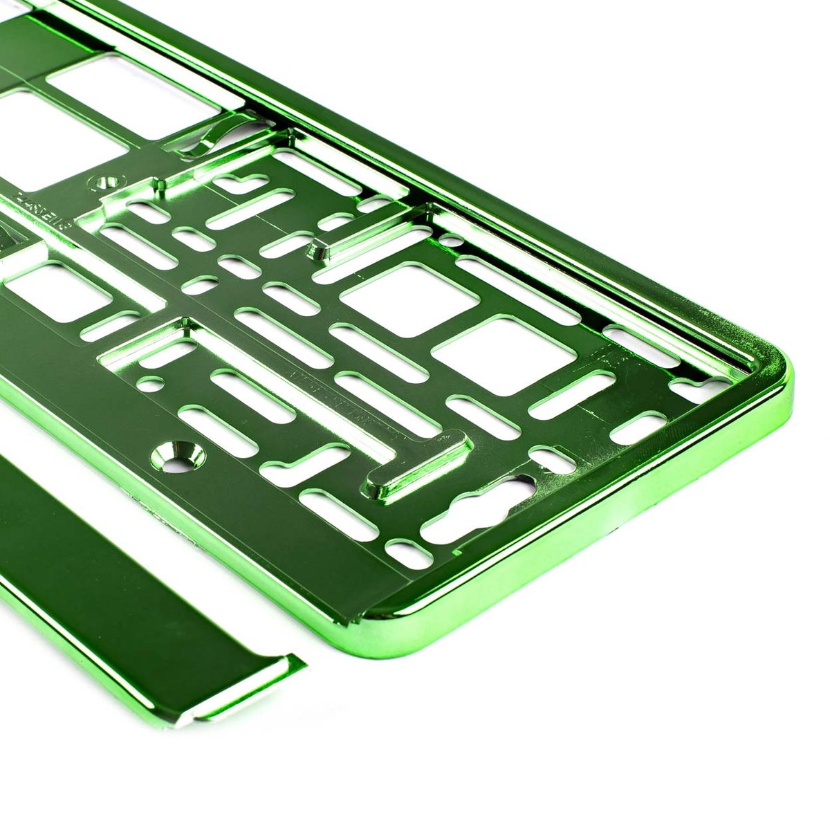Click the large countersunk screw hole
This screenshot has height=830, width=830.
click(x=181, y=454)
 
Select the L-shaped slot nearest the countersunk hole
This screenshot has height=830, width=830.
click(x=304, y=463)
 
